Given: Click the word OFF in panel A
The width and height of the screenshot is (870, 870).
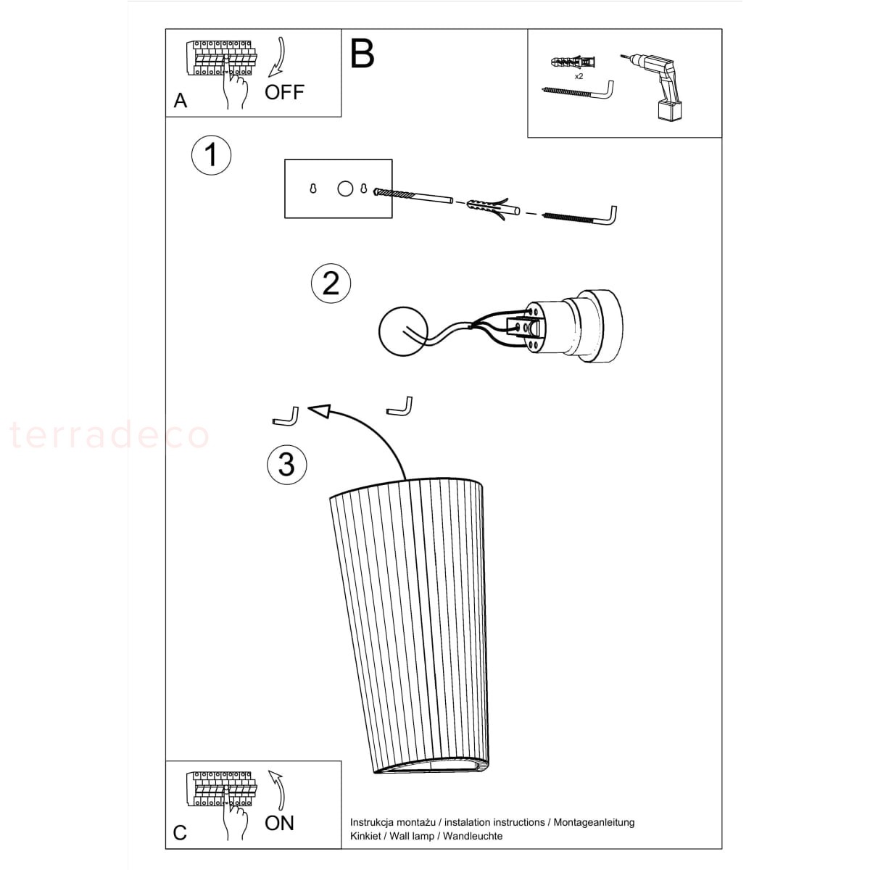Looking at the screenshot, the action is [284, 92].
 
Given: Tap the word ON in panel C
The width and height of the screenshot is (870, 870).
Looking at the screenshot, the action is [279, 823].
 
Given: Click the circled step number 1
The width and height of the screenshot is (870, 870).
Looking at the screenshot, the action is [211, 155].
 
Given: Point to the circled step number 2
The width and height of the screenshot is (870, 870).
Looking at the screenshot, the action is [331, 283].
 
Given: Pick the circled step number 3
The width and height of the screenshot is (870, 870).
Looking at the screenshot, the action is [286, 465].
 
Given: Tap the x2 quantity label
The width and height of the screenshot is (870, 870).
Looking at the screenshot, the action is [579, 76].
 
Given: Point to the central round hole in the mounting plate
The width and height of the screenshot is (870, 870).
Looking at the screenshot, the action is [345, 188].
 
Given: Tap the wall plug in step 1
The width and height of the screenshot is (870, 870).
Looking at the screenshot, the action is [493, 208].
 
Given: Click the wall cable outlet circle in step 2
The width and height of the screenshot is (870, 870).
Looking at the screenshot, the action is [402, 331].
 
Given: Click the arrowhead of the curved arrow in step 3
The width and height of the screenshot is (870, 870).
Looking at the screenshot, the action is [320, 410].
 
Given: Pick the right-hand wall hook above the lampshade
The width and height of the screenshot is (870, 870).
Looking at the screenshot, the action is [400, 407].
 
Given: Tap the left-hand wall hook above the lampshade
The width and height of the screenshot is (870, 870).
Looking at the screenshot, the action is [286, 418].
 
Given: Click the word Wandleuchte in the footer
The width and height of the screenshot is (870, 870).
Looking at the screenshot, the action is [473, 836].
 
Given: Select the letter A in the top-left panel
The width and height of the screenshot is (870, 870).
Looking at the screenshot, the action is [180, 101].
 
